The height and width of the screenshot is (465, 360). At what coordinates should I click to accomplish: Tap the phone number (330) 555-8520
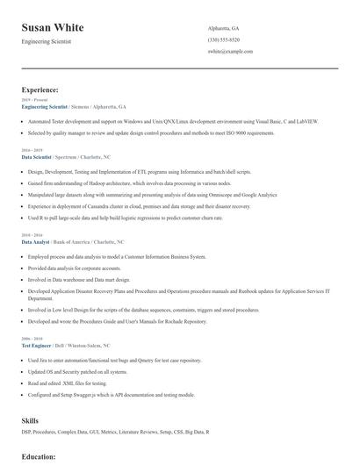(x=223, y=39)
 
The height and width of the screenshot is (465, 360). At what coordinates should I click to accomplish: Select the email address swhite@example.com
(x=230, y=52)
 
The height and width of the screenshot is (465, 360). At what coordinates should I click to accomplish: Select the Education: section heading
(x=39, y=457)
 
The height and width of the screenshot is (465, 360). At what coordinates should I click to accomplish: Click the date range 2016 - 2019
(x=32, y=149)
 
